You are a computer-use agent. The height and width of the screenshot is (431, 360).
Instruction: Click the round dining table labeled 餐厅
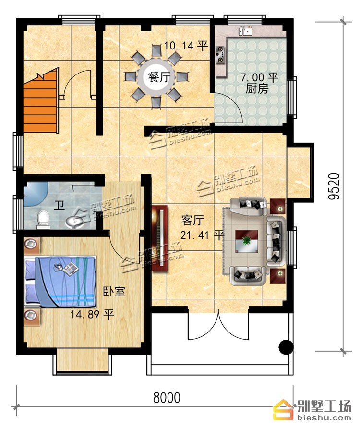157,77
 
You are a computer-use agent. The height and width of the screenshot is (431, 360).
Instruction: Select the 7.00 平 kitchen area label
260,77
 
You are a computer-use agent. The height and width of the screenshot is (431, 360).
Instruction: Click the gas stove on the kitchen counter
220,55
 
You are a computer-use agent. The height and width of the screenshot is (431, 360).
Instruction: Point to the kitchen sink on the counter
245,31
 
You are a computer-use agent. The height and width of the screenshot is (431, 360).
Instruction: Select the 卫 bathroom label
59,205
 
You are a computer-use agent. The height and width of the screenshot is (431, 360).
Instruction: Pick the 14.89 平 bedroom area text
92,314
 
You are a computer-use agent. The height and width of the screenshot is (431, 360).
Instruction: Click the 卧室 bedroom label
114,291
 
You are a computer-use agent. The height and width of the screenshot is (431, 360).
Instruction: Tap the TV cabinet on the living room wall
159,238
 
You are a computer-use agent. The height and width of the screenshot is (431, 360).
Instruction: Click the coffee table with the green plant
246,241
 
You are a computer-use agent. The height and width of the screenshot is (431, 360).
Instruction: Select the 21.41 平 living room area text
202,235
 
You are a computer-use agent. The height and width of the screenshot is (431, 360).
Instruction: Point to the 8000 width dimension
167,397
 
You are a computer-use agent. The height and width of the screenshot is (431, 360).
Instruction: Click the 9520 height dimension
334,186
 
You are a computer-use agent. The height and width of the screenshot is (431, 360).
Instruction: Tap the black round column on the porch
286,347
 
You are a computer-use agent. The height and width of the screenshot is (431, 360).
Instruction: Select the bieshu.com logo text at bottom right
324,419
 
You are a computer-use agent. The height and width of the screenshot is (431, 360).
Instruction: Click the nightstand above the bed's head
32,245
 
